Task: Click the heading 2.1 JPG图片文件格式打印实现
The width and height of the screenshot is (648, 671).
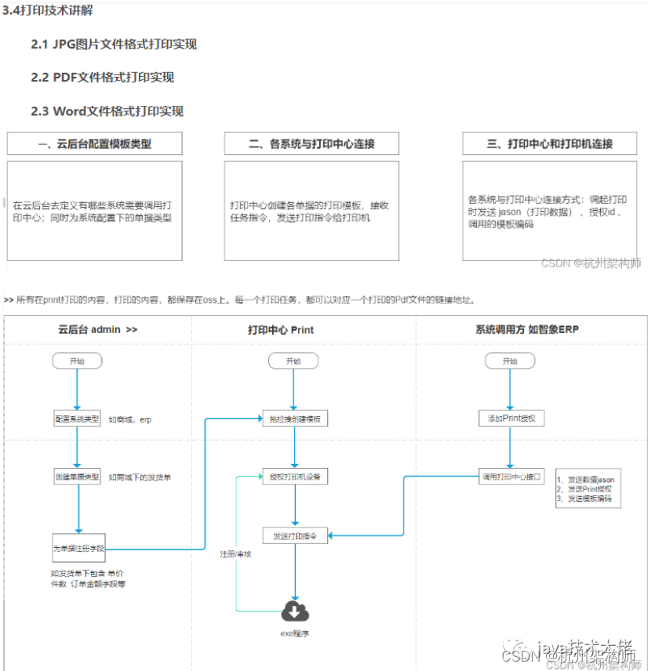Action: pos(114,45)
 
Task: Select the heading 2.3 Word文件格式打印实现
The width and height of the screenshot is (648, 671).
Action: pos(107,111)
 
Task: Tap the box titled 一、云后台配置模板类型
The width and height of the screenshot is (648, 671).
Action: pos(95,143)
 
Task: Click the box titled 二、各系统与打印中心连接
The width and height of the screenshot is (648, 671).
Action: pos(311,143)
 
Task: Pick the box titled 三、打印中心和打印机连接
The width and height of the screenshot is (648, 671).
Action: pos(549,143)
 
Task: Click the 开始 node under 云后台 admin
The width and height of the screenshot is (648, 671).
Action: pos(77,361)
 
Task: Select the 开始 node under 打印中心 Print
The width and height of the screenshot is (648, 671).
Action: pos(293,361)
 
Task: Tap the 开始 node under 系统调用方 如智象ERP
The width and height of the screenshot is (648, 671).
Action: pos(511,361)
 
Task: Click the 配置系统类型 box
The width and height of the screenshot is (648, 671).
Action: pos(77,419)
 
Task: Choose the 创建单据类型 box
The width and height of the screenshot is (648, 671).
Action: pos(77,477)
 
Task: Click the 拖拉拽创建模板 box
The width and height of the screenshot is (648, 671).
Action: pos(294,419)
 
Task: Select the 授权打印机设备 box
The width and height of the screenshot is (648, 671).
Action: pos(294,477)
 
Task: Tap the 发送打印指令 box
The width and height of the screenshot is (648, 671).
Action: pos(294,535)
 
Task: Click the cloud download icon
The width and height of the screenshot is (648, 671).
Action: pos(295,611)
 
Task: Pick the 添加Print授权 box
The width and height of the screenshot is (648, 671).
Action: pos(511,419)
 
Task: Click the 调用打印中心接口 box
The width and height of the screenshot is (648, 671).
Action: pos(511,477)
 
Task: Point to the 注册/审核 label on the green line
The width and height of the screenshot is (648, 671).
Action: pos(235,553)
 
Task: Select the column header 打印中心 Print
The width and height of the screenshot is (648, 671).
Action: pos(281,330)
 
